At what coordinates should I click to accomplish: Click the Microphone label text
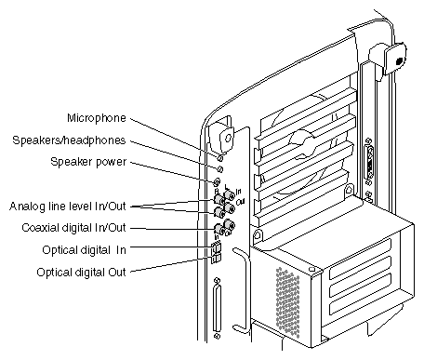click(x=97, y=118)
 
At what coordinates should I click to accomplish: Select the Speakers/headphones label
click(x=69, y=140)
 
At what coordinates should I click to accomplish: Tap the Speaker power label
click(x=88, y=162)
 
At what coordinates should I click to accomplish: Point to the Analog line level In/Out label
click(x=68, y=207)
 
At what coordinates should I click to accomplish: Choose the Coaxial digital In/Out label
click(x=73, y=228)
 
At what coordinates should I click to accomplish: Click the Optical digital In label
click(x=84, y=250)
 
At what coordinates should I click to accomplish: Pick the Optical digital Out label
click(x=81, y=273)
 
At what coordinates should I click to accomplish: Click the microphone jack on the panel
click(x=220, y=158)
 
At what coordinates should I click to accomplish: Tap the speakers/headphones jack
click(x=219, y=169)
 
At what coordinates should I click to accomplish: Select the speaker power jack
click(x=217, y=181)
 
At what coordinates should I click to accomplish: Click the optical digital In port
click(x=217, y=247)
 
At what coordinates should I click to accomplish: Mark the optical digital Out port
click(x=216, y=259)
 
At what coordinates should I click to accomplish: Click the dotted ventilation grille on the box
click(x=288, y=302)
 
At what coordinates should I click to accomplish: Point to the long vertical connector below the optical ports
click(x=218, y=309)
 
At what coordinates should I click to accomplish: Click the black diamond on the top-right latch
click(x=400, y=61)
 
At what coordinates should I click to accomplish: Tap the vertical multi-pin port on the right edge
click(x=369, y=162)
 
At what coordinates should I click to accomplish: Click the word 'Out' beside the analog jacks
click(x=241, y=202)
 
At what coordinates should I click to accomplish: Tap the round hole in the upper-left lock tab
click(x=228, y=138)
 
